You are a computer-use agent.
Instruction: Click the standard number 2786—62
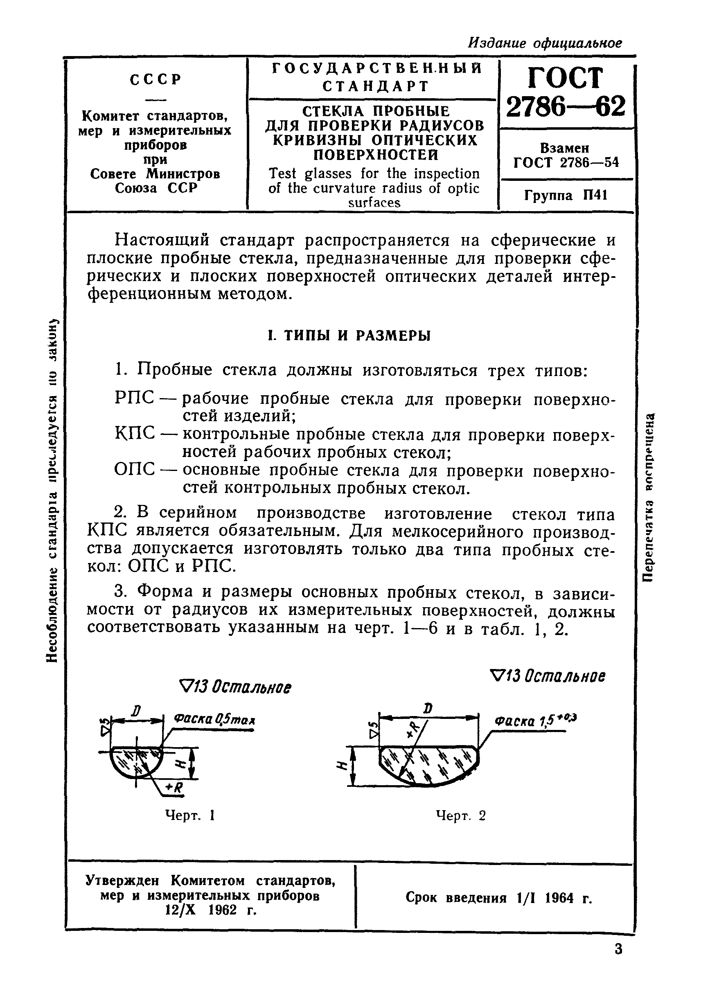click(x=565, y=106)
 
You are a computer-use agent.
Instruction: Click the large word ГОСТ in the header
click(x=565, y=79)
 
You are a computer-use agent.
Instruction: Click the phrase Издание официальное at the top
click(x=545, y=43)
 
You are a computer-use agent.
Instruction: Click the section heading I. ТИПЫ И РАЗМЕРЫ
click(x=349, y=336)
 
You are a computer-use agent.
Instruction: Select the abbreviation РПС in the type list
click(x=134, y=398)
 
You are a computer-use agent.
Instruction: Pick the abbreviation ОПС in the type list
click(x=134, y=469)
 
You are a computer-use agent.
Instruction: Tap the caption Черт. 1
click(x=190, y=815)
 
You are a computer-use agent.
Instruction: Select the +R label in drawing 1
click(x=175, y=788)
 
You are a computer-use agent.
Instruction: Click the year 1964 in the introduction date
click(x=559, y=898)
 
